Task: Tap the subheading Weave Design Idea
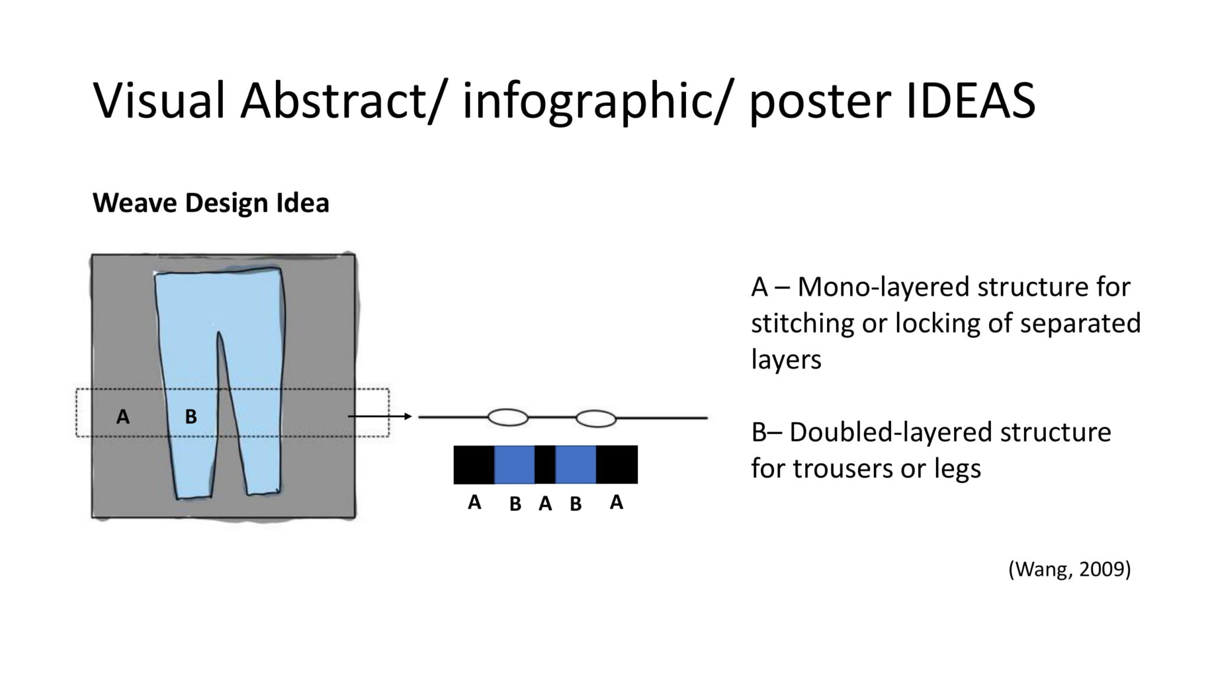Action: (211, 203)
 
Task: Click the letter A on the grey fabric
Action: (123, 417)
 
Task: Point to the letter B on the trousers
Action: (191, 417)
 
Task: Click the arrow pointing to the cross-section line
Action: (379, 417)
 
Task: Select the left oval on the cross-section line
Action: (508, 417)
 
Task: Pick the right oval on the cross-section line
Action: (596, 419)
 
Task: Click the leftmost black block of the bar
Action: (474, 465)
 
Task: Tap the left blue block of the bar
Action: (515, 465)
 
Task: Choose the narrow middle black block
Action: (545, 465)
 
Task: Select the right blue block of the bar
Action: (575, 465)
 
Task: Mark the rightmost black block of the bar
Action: (617, 465)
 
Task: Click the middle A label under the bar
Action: (545, 504)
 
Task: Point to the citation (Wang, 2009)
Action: (1069, 569)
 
